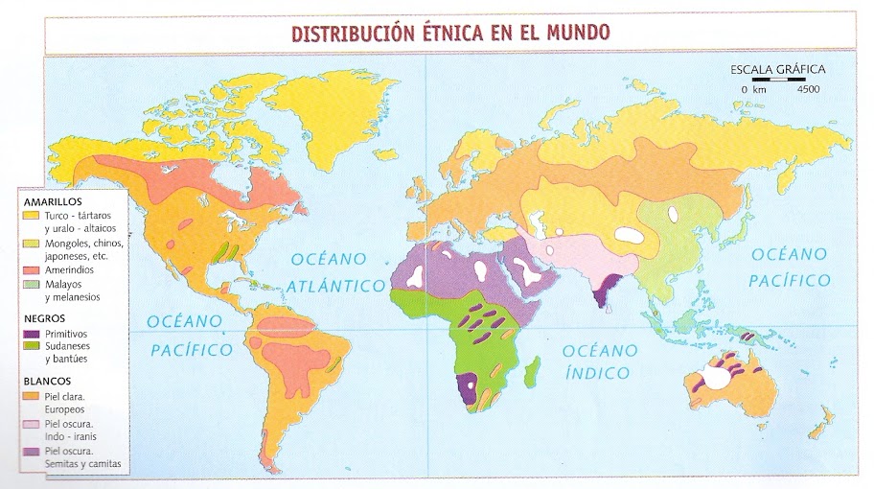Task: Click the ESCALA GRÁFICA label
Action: click(x=777, y=69)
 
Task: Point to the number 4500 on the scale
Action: click(x=808, y=89)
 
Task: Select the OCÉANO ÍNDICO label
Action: click(x=596, y=361)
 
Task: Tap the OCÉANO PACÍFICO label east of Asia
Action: click(x=789, y=268)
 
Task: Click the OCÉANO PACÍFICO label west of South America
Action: click(x=191, y=335)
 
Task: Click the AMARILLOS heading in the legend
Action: click(x=55, y=201)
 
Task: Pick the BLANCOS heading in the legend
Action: click(x=49, y=379)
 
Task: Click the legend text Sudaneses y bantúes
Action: click(x=78, y=354)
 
